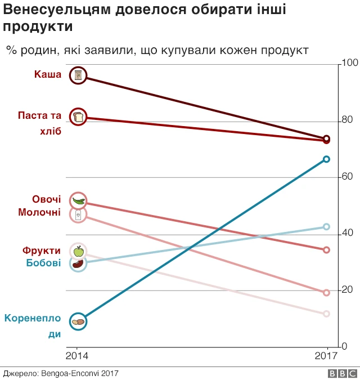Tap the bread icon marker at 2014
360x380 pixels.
(x=78, y=117)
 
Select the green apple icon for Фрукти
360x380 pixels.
(x=78, y=251)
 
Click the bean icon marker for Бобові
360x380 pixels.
(x=78, y=263)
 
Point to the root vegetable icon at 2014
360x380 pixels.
(x=78, y=321)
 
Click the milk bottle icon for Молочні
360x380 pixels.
(x=78, y=214)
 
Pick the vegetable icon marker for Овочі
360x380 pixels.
(x=78, y=201)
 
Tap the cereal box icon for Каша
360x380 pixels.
(x=78, y=75)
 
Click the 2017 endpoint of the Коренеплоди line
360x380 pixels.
(x=326, y=159)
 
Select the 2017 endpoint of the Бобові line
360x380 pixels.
(x=326, y=227)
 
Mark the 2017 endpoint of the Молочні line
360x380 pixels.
(x=326, y=293)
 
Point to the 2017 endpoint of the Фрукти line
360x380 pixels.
(x=326, y=314)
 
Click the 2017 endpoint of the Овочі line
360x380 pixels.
(x=326, y=250)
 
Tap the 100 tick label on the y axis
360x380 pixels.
(x=350, y=64)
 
